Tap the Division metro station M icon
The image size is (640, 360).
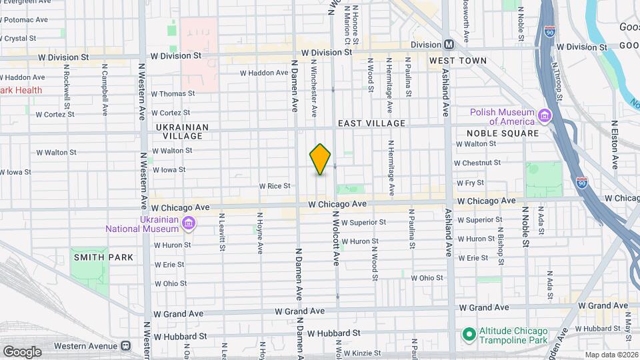pyautogui.click(x=449, y=45)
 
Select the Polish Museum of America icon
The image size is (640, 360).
pyautogui.click(x=545, y=117)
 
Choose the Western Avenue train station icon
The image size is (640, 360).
pyautogui.click(x=125, y=346)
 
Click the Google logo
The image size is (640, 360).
pyautogui.click(x=22, y=351)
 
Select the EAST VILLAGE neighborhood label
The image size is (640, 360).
pyautogui.click(x=371, y=123)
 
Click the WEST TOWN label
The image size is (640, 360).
pyautogui.click(x=457, y=61)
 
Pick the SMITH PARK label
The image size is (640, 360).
pyautogui.click(x=103, y=257)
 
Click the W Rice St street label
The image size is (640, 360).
pyautogui.click(x=275, y=186)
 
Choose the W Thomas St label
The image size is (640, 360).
pyautogui.click(x=173, y=94)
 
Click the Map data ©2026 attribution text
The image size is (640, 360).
pyautogui.click(x=610, y=355)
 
